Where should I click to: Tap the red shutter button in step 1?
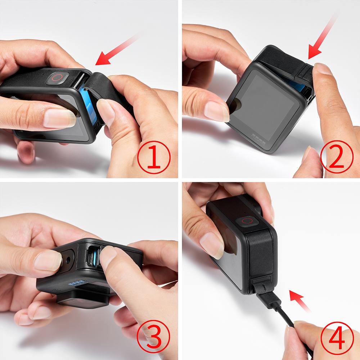[57, 77]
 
